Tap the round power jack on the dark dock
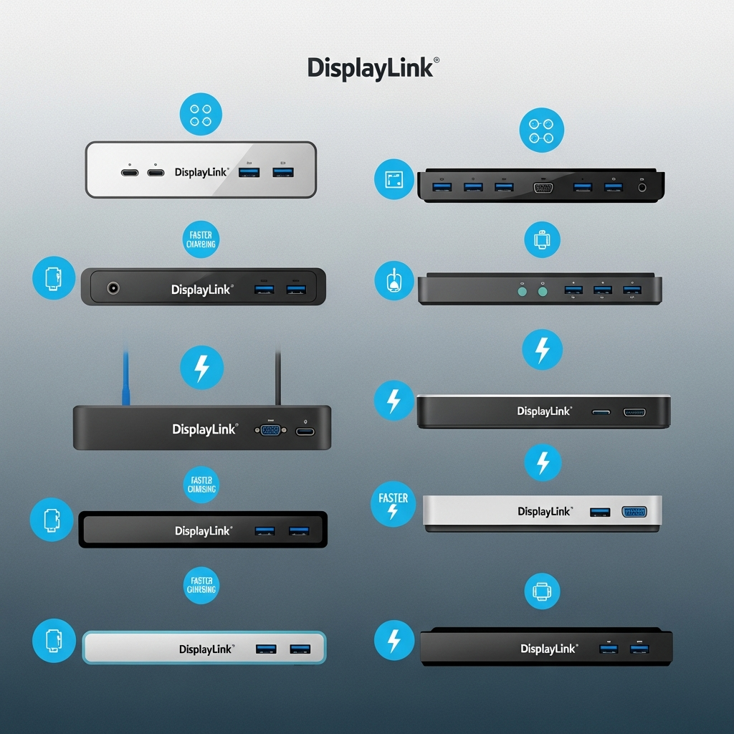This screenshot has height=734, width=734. coord(113,288)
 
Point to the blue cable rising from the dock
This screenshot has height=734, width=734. coord(126,376)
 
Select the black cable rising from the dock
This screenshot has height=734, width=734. coord(278,376)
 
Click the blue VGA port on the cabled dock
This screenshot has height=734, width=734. coord(270,430)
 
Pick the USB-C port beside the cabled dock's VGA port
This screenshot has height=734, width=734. coord(305,431)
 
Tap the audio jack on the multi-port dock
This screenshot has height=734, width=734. coord(642,187)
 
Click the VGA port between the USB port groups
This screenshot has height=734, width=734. coord(543,187)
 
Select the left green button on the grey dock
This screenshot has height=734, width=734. coord(522,291)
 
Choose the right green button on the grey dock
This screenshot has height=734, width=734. coord(543,291)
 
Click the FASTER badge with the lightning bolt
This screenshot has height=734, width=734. coord(393,504)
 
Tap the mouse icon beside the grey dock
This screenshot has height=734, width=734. coord(394,280)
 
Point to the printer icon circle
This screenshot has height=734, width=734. coord(542,592)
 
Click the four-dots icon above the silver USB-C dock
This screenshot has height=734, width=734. coord(201,115)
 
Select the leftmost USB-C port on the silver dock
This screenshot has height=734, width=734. coord(130,173)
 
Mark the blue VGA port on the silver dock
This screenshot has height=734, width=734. coord(634,512)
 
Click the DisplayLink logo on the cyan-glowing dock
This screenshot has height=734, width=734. coord(206,649)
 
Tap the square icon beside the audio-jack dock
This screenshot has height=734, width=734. coord(394,179)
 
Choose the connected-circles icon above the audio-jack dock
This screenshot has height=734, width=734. coord(541,130)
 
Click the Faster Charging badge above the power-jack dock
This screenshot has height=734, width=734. coord(201,240)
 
